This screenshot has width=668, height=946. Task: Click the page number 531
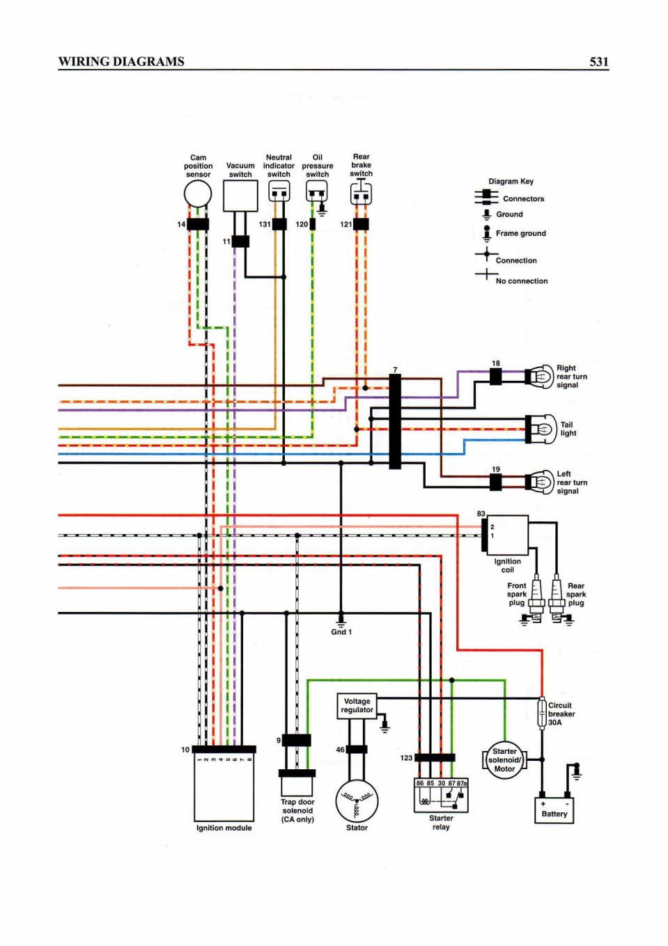pos(599,62)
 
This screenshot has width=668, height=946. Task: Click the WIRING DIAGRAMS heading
pos(121,62)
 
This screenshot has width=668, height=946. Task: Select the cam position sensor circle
pos(198,194)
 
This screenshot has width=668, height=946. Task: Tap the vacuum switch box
pos(240,196)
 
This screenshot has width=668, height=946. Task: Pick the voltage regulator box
pos(357,706)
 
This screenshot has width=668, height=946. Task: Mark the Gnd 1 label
pos(341,632)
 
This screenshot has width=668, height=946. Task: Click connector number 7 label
pos(395,370)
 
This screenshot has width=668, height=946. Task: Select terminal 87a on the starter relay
pos(463,783)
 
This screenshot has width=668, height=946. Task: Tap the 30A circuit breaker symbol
pos(542,714)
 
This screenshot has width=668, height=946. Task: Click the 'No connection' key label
pos(522,281)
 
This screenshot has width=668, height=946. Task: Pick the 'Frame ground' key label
pos(520,233)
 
